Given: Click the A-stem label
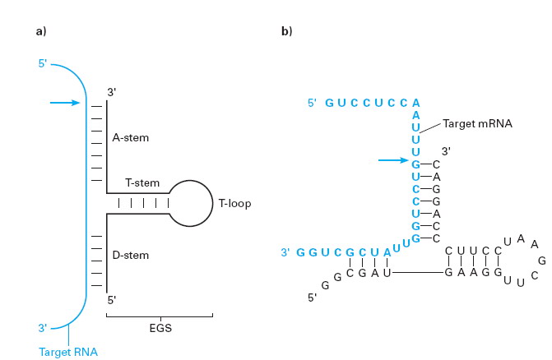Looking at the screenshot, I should coord(131,137).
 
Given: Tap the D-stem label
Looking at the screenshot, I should coord(131,256).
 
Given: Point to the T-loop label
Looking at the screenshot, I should coord(234,203).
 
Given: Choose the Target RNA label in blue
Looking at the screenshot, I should coord(67,352).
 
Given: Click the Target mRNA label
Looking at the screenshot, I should coord(477,123).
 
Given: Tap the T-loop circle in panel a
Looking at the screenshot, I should coord(192,202).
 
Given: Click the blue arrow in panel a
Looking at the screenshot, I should coord(64,103).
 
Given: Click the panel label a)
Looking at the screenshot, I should coord(41,31).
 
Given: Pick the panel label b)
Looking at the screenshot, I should coord(287,31).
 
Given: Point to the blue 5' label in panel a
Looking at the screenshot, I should coord(42,63).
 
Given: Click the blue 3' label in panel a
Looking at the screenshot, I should coord(42,329).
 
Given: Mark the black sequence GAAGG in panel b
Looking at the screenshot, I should coord(473,271).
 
